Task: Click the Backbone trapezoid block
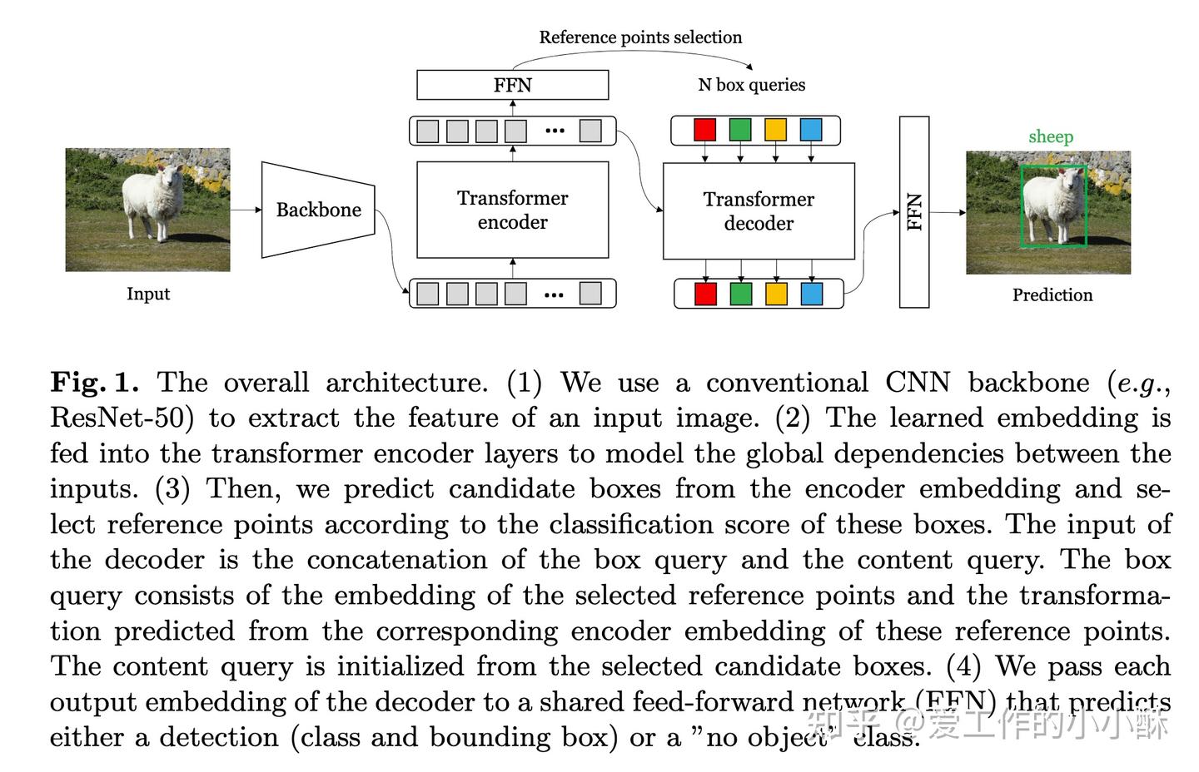point(318,210)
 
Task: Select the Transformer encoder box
point(512,210)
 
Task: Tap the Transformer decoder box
point(759,211)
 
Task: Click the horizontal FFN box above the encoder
point(512,85)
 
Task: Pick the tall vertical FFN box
point(914,211)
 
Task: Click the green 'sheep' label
point(1050,136)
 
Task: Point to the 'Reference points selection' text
point(640,37)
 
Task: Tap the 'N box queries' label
point(751,85)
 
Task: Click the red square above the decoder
point(705,130)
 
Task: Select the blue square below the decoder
point(811,294)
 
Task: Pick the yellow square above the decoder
point(775,130)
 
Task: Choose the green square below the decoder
point(741,294)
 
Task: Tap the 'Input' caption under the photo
point(148,294)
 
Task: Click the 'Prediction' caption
point(1052,295)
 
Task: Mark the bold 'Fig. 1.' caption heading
point(93,383)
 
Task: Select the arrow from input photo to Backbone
point(246,210)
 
